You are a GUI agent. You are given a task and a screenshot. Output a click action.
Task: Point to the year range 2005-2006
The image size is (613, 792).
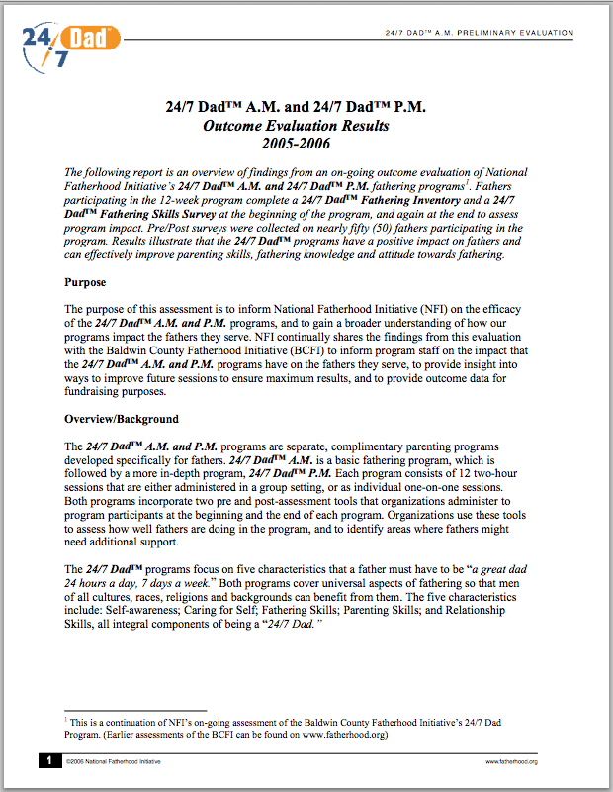point(306,145)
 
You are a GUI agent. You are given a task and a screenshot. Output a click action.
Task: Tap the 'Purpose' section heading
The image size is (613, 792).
point(85,282)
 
